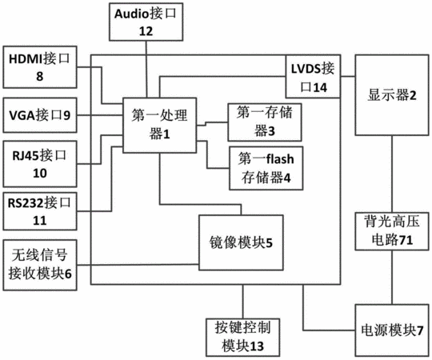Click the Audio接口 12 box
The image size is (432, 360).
[146, 22]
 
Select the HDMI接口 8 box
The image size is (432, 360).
[40, 67]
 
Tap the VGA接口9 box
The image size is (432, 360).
[40, 115]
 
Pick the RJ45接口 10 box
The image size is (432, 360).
[40, 164]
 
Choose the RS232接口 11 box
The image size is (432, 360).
[40, 211]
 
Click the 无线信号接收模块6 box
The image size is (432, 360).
[40, 265]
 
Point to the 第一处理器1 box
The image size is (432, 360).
[159, 125]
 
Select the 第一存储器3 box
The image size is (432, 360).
[265, 122]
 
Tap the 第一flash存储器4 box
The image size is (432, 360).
[266, 168]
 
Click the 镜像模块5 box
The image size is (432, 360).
[241, 242]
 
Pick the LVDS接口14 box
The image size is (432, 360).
[313, 77]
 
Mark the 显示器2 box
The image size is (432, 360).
[392, 95]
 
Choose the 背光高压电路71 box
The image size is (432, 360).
[392, 231]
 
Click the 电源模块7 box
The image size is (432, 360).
[392, 330]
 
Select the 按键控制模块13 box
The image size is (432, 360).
[243, 338]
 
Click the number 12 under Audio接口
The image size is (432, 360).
[146, 31]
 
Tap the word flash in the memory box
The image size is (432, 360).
[280, 159]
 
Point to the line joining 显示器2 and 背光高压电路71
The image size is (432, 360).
[392, 174]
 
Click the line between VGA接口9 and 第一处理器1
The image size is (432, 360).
[100, 115]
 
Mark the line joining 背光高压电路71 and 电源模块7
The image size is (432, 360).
[392, 278]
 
